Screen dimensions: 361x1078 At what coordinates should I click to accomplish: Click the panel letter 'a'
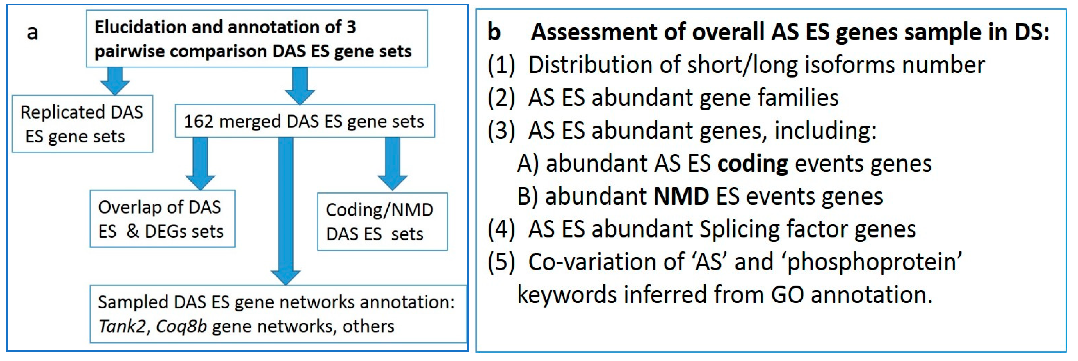click(32, 33)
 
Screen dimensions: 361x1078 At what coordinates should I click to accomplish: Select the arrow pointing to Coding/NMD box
click(392, 164)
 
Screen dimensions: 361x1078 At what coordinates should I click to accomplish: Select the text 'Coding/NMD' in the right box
click(379, 210)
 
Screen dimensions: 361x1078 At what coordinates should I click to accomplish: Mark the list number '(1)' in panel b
click(501, 65)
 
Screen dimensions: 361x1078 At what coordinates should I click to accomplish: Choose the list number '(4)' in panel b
click(501, 229)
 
